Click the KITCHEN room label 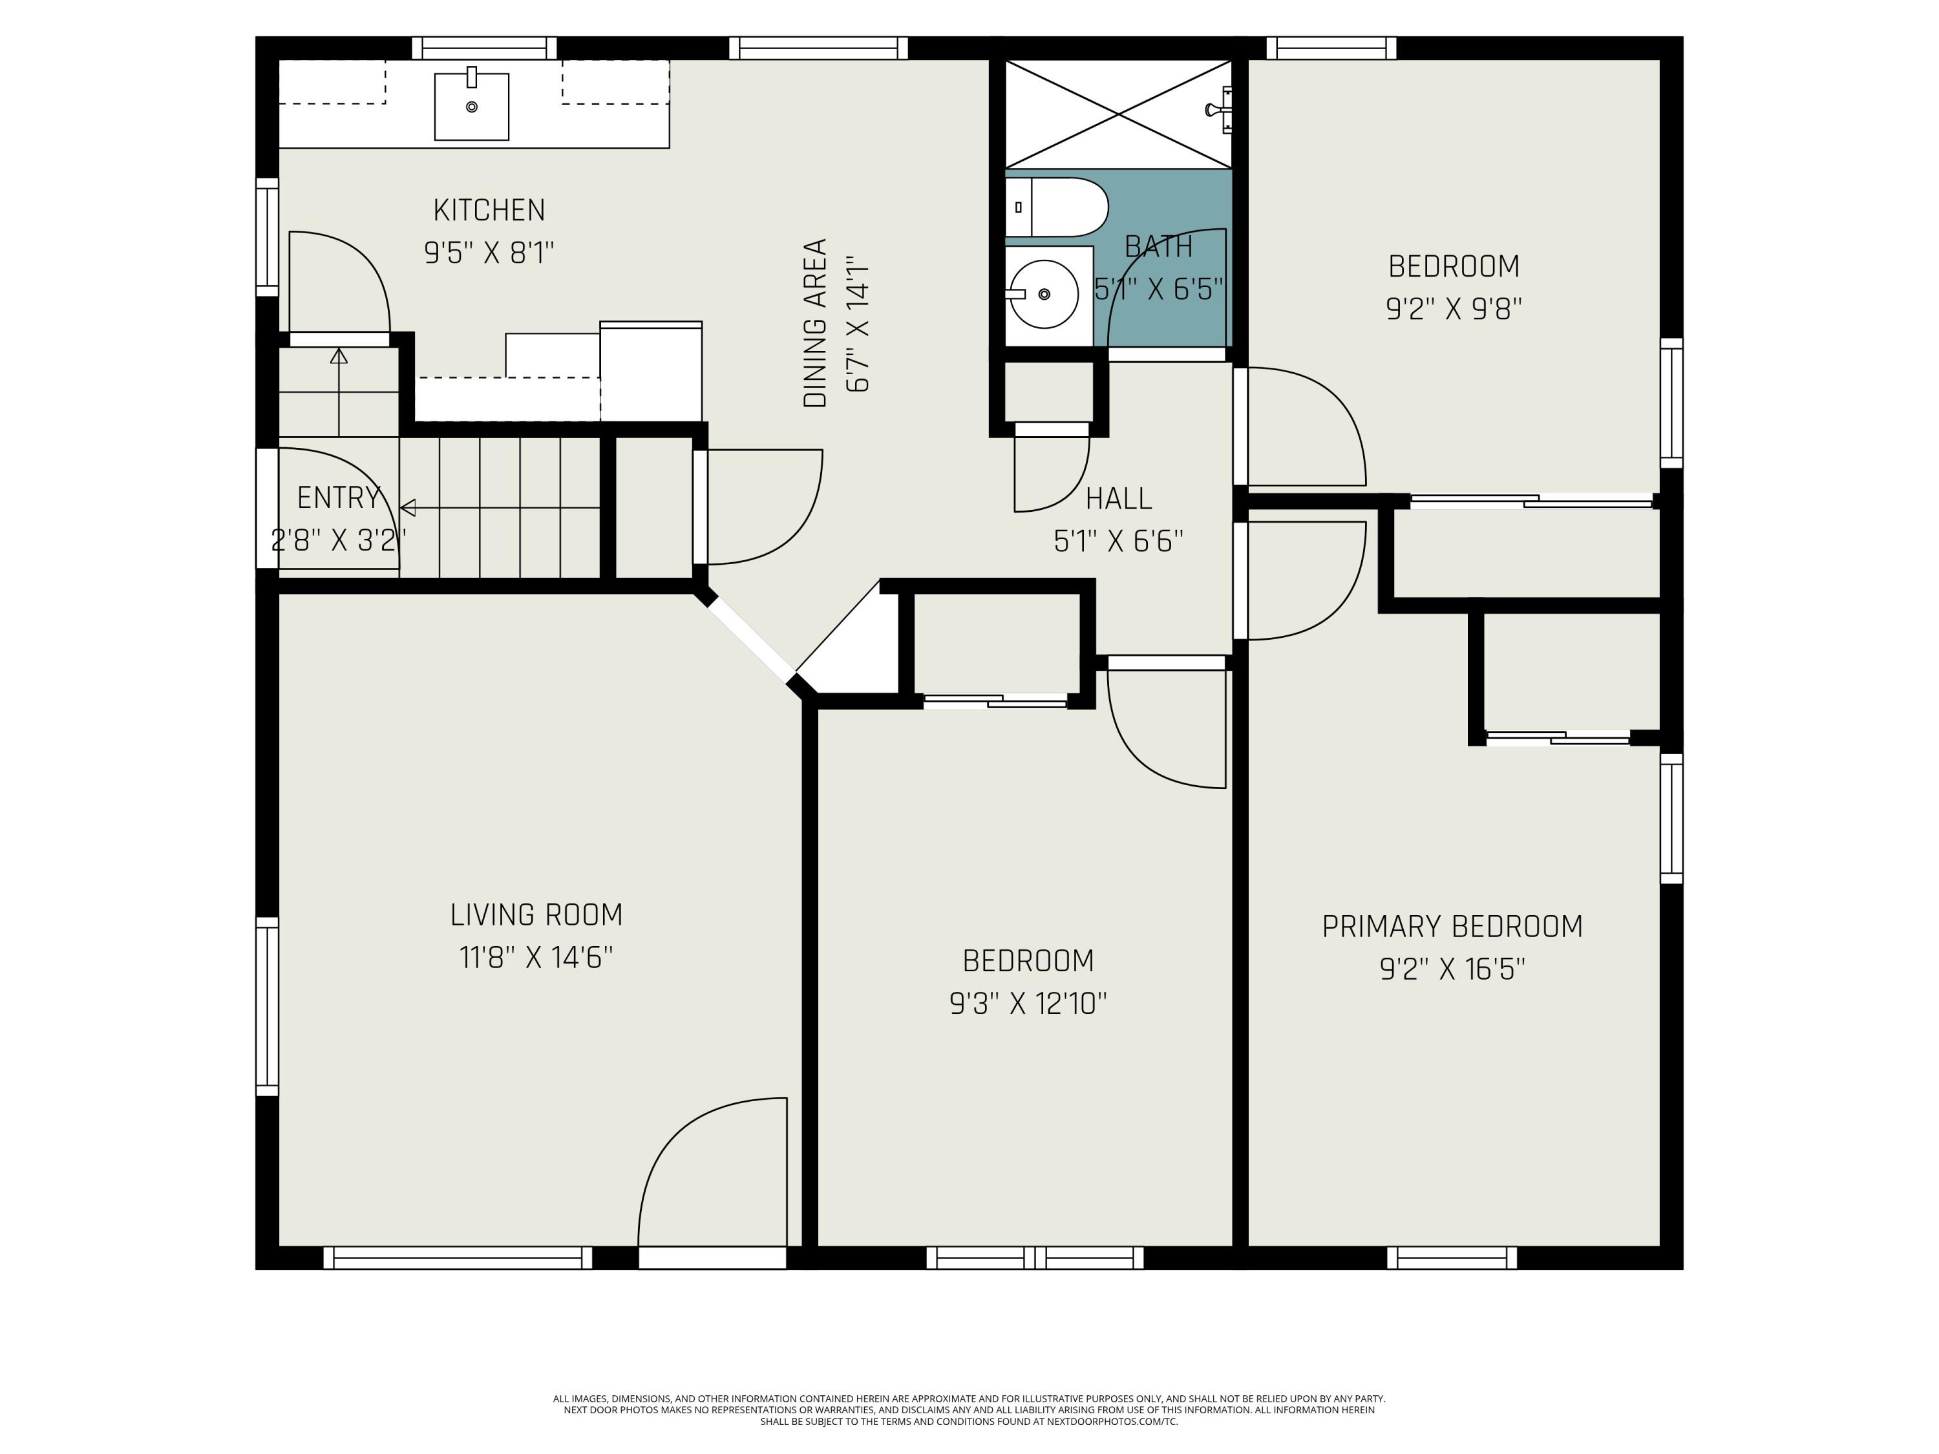(489, 210)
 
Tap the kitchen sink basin (472, 107)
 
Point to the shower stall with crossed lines (1119, 114)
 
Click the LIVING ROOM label (536, 915)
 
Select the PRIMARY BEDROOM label (1452, 927)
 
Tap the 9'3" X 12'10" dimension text (1028, 1003)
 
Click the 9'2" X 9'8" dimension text (1454, 308)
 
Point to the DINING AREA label (815, 322)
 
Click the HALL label (1119, 499)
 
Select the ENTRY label (339, 498)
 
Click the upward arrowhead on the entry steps (339, 356)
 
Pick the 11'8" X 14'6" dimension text (536, 957)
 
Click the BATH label (1159, 247)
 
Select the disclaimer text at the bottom (969, 1410)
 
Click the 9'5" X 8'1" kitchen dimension (489, 253)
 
